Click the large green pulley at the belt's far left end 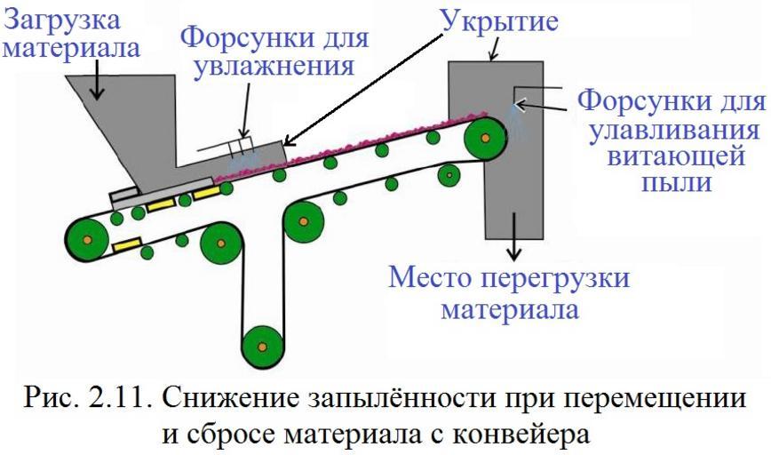(x=86, y=239)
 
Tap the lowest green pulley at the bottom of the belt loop (x=261, y=342)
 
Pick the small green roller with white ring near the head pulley (x=450, y=175)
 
